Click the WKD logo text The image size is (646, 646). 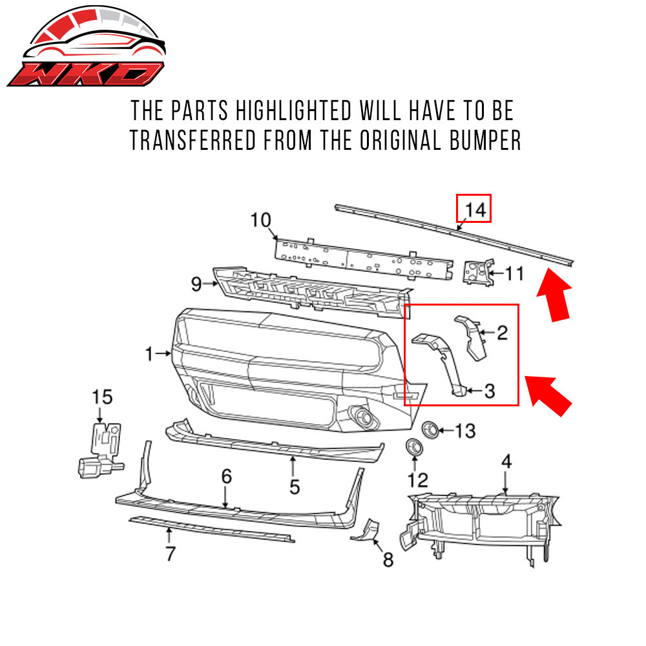tap(84, 74)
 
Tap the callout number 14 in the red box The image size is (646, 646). tap(474, 209)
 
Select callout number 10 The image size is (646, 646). tap(261, 220)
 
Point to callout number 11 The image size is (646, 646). tap(514, 273)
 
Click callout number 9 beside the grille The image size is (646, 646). tap(196, 282)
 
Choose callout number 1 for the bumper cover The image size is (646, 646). tap(149, 353)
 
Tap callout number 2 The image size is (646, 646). tap(502, 333)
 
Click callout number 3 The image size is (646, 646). tap(489, 390)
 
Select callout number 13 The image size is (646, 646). tap(465, 430)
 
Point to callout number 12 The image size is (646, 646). tap(418, 479)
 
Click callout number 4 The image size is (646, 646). tap(506, 461)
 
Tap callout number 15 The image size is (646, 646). tap(102, 397)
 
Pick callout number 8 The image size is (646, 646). tap(388, 559)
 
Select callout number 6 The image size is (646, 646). tap(226, 477)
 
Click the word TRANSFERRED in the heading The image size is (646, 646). tap(214, 140)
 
